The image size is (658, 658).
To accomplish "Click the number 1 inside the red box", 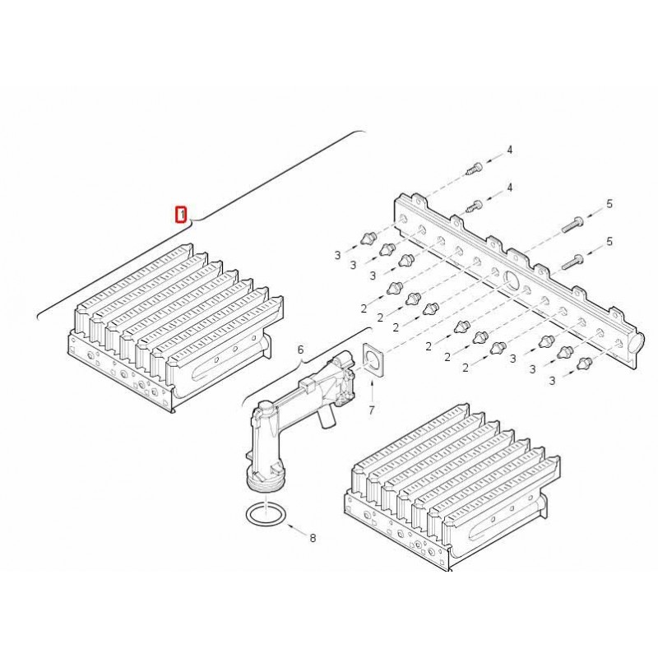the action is tap(181, 215).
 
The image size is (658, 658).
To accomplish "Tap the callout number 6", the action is tap(300, 350).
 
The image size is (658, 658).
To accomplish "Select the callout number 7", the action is tap(372, 410).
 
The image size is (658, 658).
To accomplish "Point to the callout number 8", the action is tap(313, 538).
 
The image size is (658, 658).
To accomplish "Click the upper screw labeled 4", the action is tap(475, 169).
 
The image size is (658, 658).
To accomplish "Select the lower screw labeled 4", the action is tap(475, 206).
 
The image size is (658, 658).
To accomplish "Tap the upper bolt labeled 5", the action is tap(572, 225).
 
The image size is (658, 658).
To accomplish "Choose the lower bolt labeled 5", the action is tap(572, 262).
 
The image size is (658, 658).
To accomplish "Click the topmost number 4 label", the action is tap(509, 150).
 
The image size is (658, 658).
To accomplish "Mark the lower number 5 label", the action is tap(609, 241).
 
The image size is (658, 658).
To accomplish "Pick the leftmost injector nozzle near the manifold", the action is tap(367, 239).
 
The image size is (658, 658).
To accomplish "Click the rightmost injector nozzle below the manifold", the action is tap(584, 363).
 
